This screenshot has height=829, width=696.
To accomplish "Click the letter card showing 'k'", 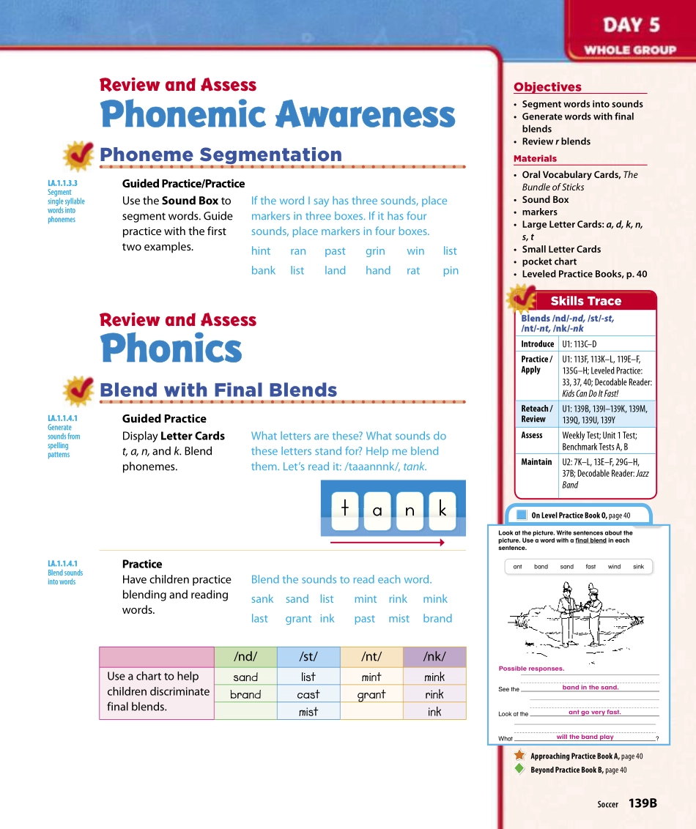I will click(x=443, y=510).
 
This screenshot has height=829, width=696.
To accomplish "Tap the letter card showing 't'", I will click(x=344, y=510).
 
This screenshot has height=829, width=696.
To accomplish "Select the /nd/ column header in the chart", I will click(x=245, y=657).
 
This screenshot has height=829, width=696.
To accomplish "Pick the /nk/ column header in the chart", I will click(x=434, y=657).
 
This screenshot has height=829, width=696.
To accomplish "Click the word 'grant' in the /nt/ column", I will click(x=371, y=694).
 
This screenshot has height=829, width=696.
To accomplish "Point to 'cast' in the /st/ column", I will click(x=308, y=694).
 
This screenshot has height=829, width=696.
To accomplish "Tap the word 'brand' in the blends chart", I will click(x=245, y=694).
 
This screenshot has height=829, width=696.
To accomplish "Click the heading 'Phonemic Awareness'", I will click(x=278, y=115).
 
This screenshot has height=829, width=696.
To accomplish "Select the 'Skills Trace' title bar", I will click(x=585, y=301).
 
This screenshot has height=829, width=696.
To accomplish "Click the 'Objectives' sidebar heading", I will click(x=547, y=87).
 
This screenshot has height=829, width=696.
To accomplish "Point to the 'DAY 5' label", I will click(x=631, y=26).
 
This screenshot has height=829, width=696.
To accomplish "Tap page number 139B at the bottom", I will click(x=643, y=803).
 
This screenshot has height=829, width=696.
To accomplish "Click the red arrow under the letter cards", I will click(x=388, y=543).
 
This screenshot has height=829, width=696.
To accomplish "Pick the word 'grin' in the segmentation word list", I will click(x=375, y=250).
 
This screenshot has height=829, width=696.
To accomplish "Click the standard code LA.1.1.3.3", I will click(x=62, y=184).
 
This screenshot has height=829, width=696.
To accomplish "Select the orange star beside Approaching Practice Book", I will click(x=519, y=755).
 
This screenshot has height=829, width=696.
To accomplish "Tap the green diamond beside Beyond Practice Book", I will click(x=519, y=769).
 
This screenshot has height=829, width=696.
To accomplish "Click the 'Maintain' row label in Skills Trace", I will click(x=536, y=462).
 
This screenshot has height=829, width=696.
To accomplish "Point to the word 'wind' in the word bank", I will click(x=614, y=566).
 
